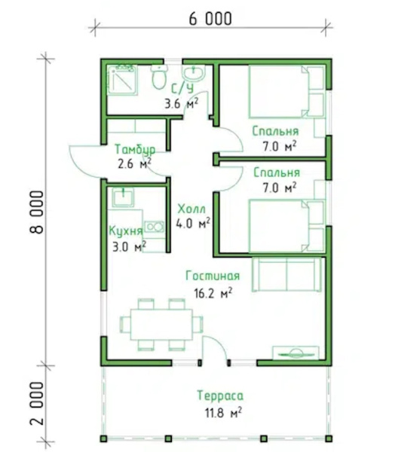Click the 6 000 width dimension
[210, 19]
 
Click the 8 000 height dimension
[37, 212]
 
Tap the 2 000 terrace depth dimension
[37, 403]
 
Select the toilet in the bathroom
[159, 77]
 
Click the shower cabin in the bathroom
[122, 80]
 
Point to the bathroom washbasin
[193, 72]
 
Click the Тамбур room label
[135, 150]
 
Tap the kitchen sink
[123, 197]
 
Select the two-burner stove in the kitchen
[155, 227]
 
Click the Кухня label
[126, 231]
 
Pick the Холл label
[191, 209]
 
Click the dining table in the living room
[161, 325]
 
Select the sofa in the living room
[286, 274]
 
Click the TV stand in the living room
[296, 353]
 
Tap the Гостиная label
[213, 276]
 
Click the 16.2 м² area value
[213, 293]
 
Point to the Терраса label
[220, 395]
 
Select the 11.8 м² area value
[223, 413]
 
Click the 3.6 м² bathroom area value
[182, 103]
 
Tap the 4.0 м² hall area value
[193, 224]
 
